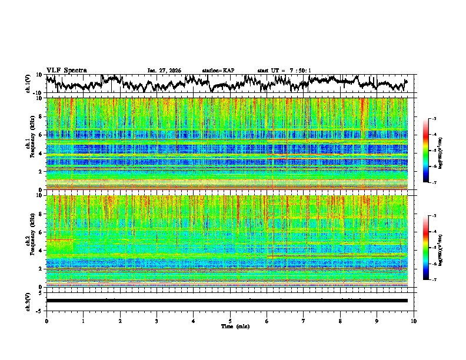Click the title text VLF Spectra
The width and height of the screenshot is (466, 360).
pyautogui.click(x=66, y=70)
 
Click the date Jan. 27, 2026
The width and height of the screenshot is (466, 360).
pyautogui.click(x=164, y=71)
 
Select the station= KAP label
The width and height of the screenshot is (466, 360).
pyautogui.click(x=218, y=71)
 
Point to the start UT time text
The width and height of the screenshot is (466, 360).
pyautogui.click(x=284, y=71)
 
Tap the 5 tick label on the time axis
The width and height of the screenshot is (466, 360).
pyautogui.click(x=230, y=321)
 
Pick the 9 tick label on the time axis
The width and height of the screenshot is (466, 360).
pyautogui.click(x=377, y=321)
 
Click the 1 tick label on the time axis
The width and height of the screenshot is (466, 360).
pyautogui.click(x=83, y=321)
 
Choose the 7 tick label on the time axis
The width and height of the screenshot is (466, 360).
pyautogui.click(x=304, y=321)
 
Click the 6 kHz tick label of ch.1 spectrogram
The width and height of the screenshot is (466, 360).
pyautogui.click(x=41, y=135)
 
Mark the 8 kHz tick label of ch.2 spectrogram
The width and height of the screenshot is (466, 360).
pyautogui.click(x=41, y=214)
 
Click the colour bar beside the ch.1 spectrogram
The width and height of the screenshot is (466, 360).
pyautogui.click(x=432, y=151)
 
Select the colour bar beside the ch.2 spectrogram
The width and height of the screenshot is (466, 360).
pyautogui.click(x=432, y=248)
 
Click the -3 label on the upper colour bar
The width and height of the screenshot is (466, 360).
pyautogui.click(x=440, y=119)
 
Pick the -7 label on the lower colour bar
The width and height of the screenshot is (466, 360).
pyautogui.click(x=440, y=280)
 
